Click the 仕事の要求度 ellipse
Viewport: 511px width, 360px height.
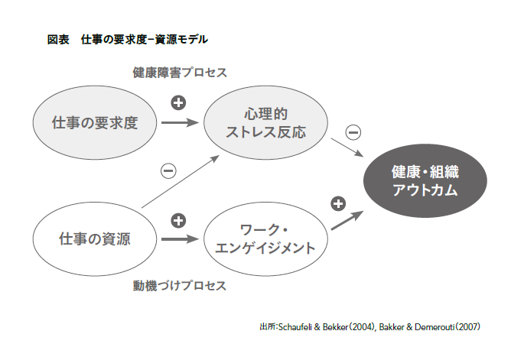[95, 123]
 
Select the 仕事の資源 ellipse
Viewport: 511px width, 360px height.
[95, 239]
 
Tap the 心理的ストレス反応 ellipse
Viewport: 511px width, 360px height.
[265, 123]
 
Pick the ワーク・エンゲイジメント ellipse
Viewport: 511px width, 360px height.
[265, 239]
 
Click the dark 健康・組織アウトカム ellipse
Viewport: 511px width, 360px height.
[425, 180]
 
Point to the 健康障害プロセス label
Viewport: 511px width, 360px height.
[180, 73]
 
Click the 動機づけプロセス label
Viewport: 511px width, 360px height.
[180, 286]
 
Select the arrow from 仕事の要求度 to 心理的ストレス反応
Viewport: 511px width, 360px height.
[180, 123]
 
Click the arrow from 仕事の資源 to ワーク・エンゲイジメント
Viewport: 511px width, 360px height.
[180, 239]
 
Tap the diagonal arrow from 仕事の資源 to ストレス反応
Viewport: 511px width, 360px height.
[181, 182]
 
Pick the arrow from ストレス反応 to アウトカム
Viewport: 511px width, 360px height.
[347, 148]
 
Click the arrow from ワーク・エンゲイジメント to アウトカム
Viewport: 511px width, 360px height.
[347, 220]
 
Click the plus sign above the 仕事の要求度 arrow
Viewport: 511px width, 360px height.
[178, 103]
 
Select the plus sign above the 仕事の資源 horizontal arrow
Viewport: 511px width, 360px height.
[178, 221]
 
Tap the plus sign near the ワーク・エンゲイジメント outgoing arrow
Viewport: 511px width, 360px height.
[338, 204]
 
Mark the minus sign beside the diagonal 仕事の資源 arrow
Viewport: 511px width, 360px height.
[168, 171]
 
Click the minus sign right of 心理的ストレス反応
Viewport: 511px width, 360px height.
[353, 132]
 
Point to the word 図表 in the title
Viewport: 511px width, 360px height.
[58, 40]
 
